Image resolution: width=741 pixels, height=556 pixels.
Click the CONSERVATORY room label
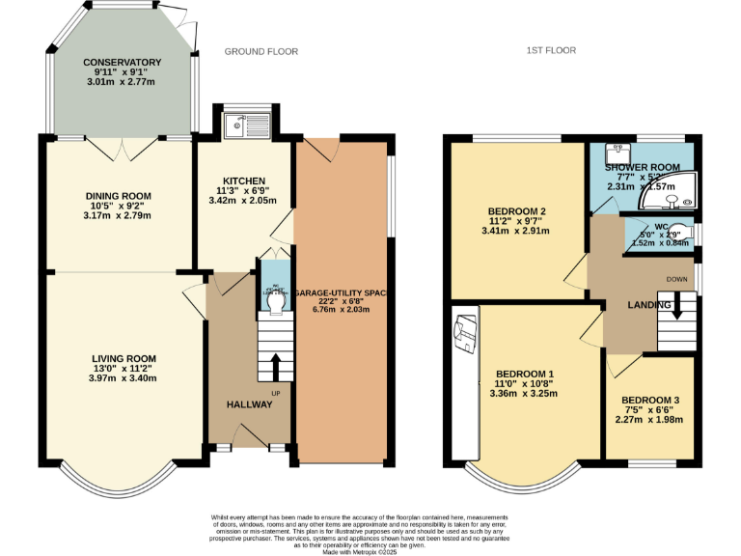(122, 63)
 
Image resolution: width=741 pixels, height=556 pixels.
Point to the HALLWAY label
(249, 404)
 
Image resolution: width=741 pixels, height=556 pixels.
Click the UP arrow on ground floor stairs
(276, 367)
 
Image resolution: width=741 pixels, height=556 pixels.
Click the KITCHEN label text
(243, 181)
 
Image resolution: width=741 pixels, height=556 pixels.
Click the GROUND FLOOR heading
(261, 51)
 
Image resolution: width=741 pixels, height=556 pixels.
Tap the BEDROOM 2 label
(517, 211)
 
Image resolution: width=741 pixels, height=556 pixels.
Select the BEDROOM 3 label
(649, 400)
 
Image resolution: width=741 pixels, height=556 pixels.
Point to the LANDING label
(648, 305)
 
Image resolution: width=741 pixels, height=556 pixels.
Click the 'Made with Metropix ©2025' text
(370, 551)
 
